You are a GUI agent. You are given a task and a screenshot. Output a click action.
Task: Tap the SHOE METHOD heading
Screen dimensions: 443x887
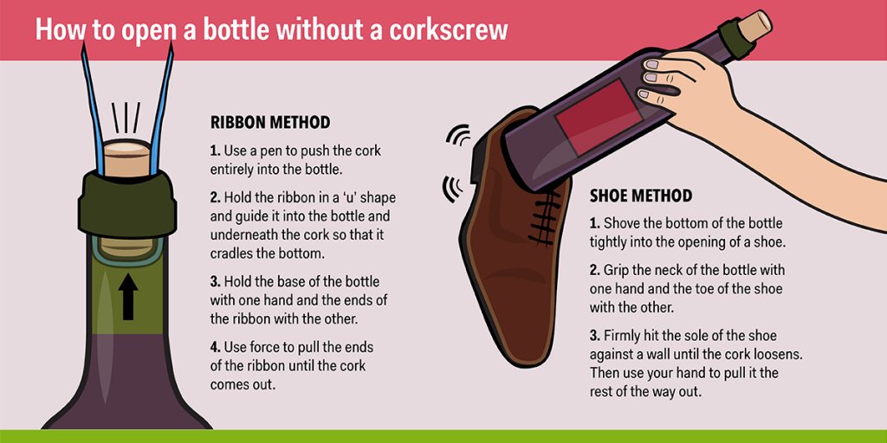tap(641, 196)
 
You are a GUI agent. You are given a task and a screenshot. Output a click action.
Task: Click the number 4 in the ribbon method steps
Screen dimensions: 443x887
tap(215, 348)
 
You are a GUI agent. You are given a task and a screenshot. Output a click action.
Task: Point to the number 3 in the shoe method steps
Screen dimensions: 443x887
tap(595, 337)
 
